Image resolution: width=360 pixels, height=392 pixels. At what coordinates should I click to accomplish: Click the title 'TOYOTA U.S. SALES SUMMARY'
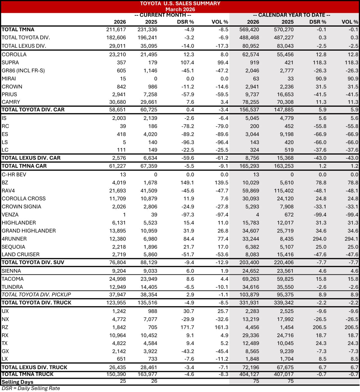[180, 4]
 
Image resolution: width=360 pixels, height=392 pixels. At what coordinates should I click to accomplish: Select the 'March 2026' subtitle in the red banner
[180, 9]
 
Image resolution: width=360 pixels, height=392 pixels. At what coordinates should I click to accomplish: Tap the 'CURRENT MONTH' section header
[163, 15]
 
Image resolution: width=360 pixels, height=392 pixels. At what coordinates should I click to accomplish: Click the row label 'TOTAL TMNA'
[18, 29]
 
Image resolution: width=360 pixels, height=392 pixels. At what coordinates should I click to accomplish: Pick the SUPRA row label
[10, 62]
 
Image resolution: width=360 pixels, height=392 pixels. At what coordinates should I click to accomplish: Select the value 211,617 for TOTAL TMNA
[116, 29]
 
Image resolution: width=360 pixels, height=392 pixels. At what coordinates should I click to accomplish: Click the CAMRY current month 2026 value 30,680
[117, 102]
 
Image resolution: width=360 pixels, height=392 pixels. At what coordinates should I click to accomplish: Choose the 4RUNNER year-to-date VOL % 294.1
[351, 239]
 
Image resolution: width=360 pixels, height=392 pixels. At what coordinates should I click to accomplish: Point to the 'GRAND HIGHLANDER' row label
[29, 231]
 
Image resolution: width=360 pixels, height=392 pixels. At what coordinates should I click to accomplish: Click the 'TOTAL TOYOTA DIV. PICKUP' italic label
[36, 295]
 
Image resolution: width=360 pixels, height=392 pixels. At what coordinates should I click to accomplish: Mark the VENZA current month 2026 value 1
[124, 215]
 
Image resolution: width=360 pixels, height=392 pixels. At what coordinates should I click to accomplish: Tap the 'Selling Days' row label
[17, 382]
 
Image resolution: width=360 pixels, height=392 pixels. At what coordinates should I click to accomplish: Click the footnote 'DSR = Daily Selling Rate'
[31, 388]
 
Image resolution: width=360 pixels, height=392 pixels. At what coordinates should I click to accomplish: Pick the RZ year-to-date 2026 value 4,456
[252, 327]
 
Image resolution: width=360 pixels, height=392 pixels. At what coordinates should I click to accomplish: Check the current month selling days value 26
[154, 381]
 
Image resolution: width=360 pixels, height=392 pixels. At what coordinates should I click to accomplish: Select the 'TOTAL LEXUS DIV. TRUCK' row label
[34, 367]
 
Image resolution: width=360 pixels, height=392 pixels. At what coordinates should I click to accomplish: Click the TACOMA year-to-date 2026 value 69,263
[249, 279]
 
